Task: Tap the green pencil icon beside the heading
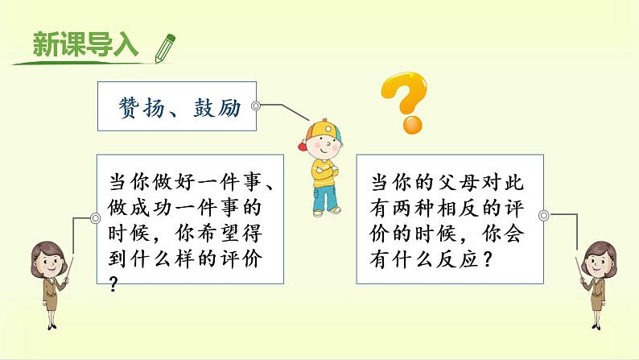click(x=164, y=46)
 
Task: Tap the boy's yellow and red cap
click(x=317, y=129)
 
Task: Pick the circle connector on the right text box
click(x=543, y=215)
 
